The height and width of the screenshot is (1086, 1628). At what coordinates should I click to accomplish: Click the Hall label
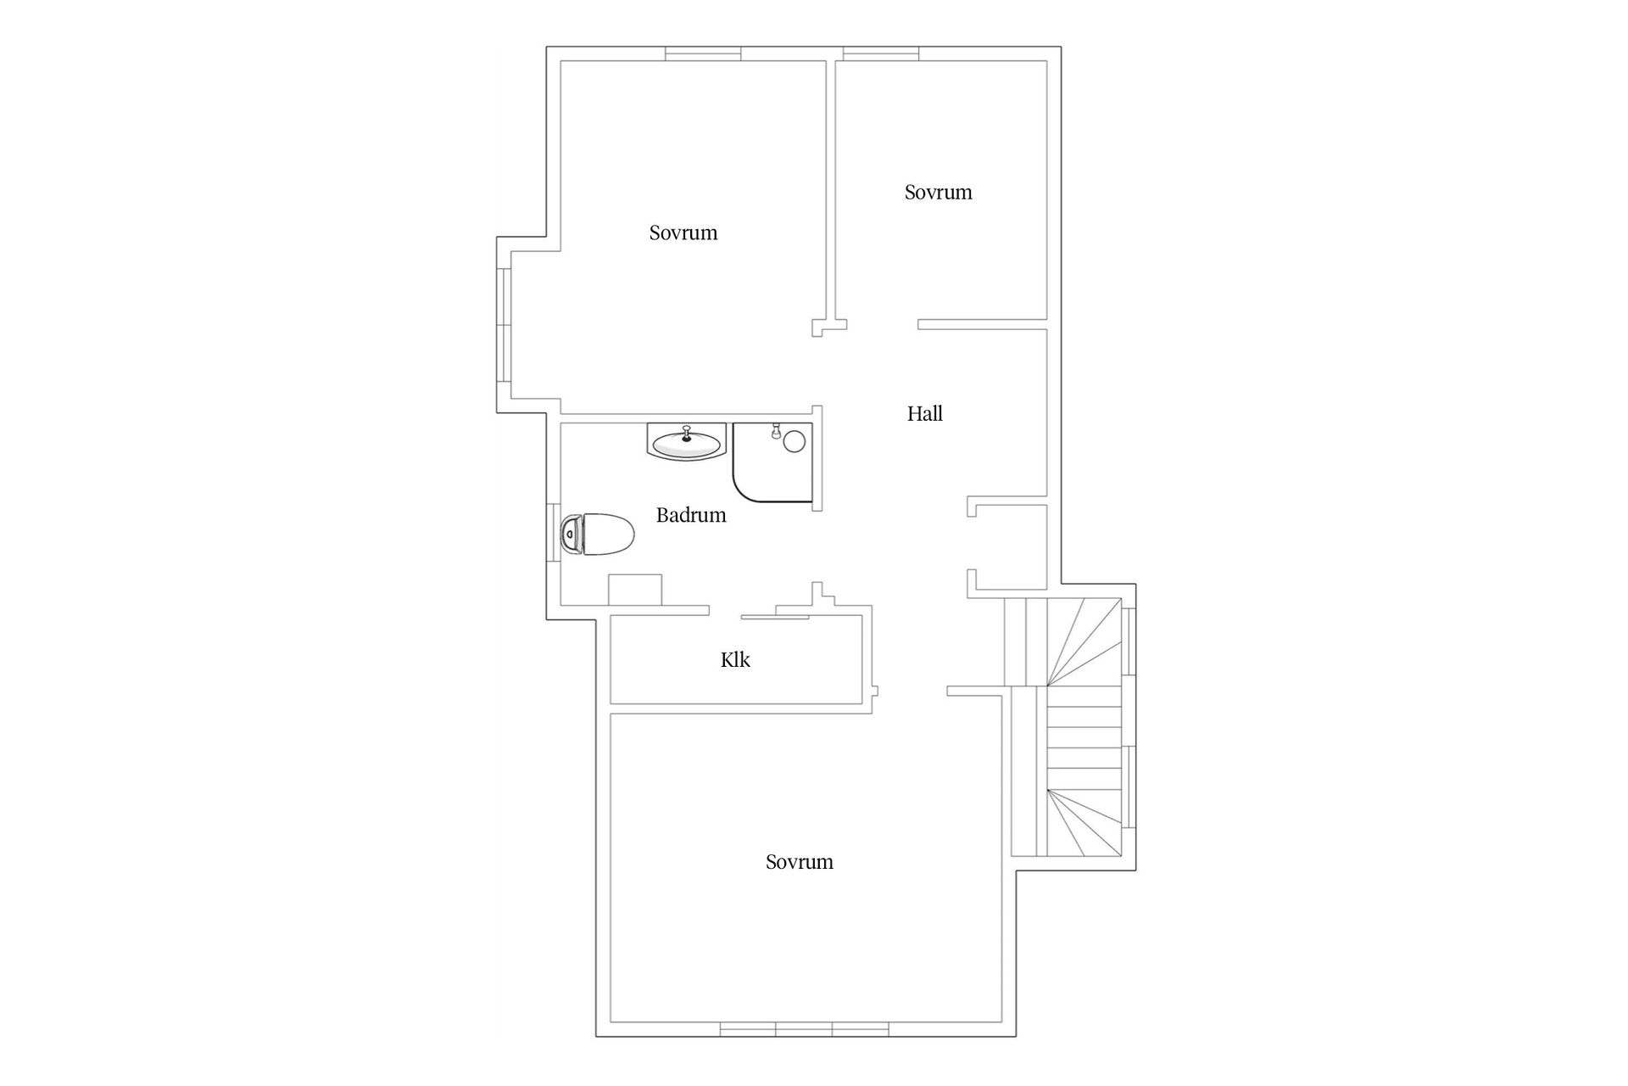pyautogui.click(x=924, y=414)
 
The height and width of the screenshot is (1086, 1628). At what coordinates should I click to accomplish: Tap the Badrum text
pyautogui.click(x=691, y=515)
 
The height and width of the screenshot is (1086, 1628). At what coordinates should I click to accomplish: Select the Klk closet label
pyautogui.click(x=735, y=660)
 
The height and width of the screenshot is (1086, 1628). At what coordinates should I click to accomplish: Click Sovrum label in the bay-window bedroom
pyautogui.click(x=683, y=233)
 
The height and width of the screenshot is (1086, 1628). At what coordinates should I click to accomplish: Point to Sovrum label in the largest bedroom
pyautogui.click(x=799, y=862)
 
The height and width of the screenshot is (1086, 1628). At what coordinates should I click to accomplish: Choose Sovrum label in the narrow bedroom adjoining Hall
pyautogui.click(x=938, y=193)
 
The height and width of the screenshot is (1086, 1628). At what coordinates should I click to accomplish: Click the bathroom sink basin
pyautogui.click(x=687, y=442)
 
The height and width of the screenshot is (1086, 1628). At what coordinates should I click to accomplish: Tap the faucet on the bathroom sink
pyautogui.click(x=687, y=431)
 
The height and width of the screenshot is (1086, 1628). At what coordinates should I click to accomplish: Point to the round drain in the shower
pyautogui.click(x=794, y=440)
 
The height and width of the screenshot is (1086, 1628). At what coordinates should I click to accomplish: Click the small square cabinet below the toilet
pyautogui.click(x=635, y=590)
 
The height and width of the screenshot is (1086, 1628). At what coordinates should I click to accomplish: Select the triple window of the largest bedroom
pyautogui.click(x=804, y=1029)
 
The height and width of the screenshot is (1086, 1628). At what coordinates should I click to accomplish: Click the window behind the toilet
pyautogui.click(x=552, y=532)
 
